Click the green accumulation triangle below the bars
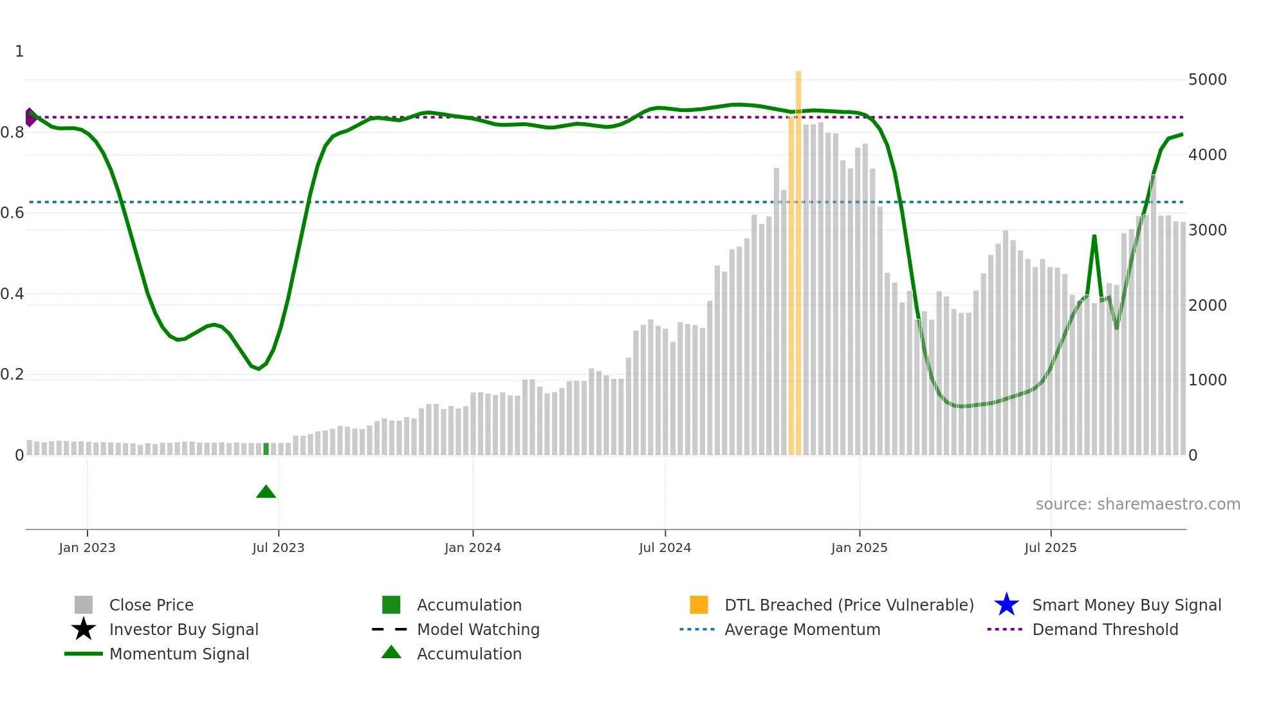(x=266, y=492)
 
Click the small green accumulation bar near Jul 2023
(x=266, y=449)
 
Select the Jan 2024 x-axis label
(x=472, y=548)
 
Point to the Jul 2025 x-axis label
(x=1050, y=548)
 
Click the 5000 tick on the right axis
(x=1207, y=80)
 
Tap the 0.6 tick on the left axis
(x=12, y=213)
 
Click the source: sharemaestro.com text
(x=1137, y=504)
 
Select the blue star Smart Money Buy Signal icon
(x=1006, y=605)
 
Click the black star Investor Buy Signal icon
(x=84, y=629)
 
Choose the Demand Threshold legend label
(x=1105, y=629)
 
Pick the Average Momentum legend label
(x=802, y=629)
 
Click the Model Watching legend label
(x=478, y=629)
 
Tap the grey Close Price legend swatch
(x=84, y=605)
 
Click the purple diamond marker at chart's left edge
(x=30, y=117)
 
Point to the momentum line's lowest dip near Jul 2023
(x=259, y=369)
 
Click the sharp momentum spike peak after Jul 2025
(x=1094, y=236)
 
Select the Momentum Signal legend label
(x=179, y=654)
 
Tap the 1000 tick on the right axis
(x=1207, y=380)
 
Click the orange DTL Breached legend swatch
(x=699, y=605)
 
